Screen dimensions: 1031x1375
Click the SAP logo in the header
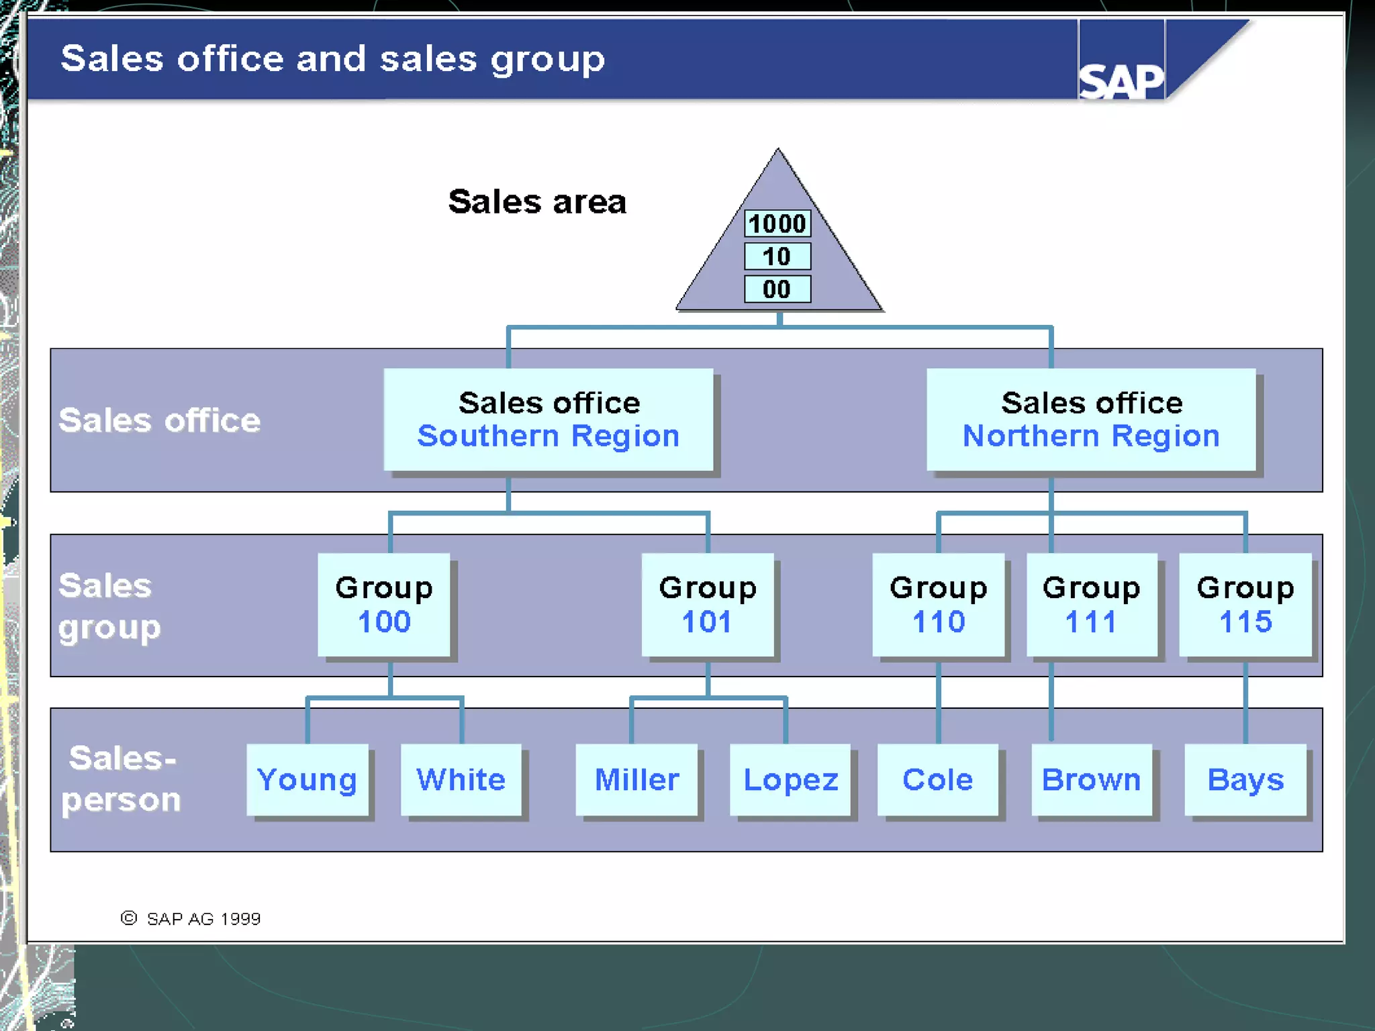click(1121, 81)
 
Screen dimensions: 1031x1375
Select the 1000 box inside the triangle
click(777, 224)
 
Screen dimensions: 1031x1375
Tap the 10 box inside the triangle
click(777, 256)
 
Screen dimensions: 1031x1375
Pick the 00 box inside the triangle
click(777, 289)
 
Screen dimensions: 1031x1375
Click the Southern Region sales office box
click(548, 420)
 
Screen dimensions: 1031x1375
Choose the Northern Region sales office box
click(1091, 420)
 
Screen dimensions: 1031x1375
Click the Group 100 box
click(384, 604)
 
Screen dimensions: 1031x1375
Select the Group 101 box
click(708, 604)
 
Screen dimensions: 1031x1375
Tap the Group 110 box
click(938, 604)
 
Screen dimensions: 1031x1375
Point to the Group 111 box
click(1092, 604)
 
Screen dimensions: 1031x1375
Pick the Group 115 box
click(1245, 604)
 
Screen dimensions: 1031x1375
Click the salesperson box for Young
click(307, 779)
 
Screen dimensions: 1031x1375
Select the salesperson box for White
click(461, 779)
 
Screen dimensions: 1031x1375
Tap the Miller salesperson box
click(636, 779)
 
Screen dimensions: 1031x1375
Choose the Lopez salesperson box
click(790, 779)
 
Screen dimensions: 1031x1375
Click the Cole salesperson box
click(938, 779)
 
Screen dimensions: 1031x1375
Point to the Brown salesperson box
click(1092, 779)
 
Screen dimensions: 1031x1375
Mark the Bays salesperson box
click(1245, 779)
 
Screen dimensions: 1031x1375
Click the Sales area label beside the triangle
click(537, 201)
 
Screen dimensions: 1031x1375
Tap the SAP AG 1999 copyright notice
click(191, 918)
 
